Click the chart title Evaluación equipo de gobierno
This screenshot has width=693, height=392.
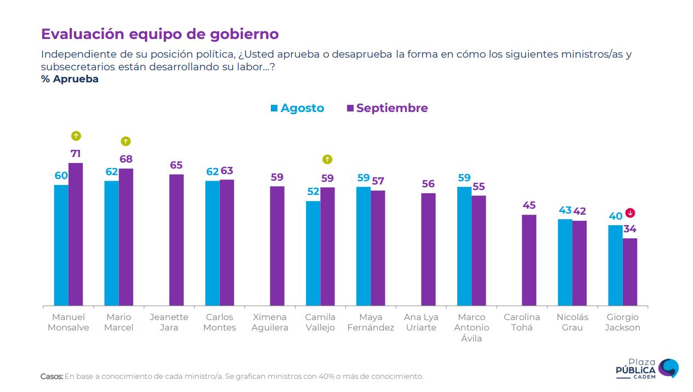point(160,34)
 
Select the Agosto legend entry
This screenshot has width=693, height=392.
point(297,108)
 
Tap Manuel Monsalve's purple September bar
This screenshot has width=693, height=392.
point(76,234)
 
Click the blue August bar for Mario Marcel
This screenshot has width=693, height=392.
point(111,243)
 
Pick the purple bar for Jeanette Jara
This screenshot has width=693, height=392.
point(177,240)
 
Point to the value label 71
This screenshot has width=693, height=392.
point(76,154)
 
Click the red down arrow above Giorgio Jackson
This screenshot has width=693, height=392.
point(630,213)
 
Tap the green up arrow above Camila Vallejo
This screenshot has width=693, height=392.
point(327,160)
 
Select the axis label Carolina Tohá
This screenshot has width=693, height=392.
point(521,322)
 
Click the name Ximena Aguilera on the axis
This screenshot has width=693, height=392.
point(270,322)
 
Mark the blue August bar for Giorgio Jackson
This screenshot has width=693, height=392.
point(615,265)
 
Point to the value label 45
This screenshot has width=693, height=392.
point(529,205)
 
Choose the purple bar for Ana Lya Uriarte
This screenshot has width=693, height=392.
point(428,249)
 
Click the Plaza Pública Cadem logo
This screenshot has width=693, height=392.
point(647,368)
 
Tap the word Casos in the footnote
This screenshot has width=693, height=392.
point(52,377)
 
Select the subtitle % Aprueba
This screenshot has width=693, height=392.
point(70,79)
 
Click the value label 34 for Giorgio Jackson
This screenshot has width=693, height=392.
point(629,229)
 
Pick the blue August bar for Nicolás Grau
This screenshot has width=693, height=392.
point(565,262)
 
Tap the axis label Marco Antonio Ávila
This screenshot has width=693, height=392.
point(471,327)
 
